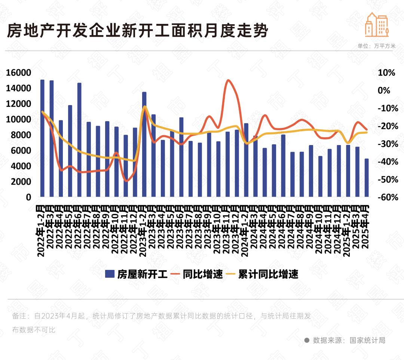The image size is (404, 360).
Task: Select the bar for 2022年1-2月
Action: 42,138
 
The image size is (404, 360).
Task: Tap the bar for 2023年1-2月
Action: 144,144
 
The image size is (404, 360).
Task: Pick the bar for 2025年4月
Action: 367,178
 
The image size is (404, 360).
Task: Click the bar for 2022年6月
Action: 79,140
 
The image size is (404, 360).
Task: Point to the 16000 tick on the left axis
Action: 18,73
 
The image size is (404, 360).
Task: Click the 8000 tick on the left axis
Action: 21,135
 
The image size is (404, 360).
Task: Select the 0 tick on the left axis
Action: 28,197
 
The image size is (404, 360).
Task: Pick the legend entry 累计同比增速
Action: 268,274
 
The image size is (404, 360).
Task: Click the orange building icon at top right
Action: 377,25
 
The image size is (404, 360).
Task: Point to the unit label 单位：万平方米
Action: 376,46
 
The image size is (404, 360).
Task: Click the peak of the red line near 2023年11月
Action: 228,80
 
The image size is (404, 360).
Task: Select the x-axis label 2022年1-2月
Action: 41,230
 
